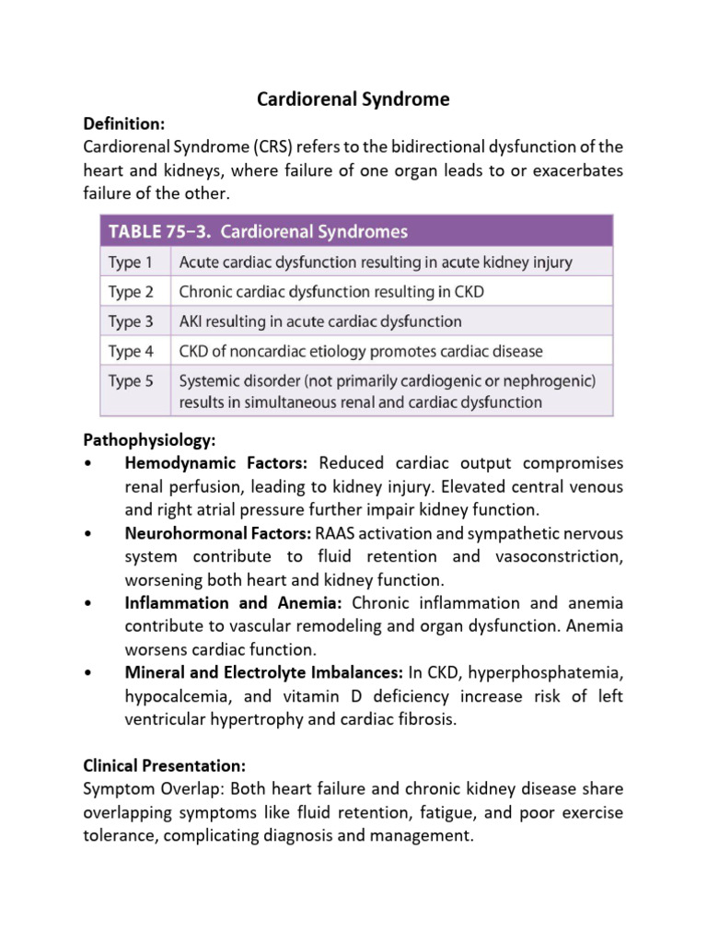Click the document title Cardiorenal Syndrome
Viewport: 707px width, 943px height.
pos(353,99)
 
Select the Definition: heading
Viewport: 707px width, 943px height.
pos(121,123)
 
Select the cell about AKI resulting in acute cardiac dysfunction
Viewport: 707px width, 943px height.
pos(320,321)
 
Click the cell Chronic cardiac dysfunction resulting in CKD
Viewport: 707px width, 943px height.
pos(331,292)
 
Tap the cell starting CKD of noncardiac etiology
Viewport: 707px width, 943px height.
pos(361,351)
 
